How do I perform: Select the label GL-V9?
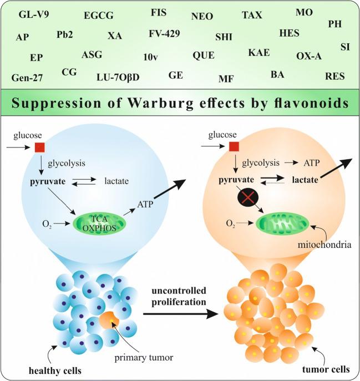pyautogui.click(x=34, y=14)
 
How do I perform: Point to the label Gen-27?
pyautogui.click(x=27, y=78)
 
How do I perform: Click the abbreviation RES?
pyautogui.click(x=335, y=76)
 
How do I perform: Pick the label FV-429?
pyautogui.click(x=164, y=34)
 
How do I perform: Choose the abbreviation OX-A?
pyautogui.click(x=309, y=56)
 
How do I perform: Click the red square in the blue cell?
pyautogui.click(x=40, y=148)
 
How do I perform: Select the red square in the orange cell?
pyautogui.click(x=234, y=146)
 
